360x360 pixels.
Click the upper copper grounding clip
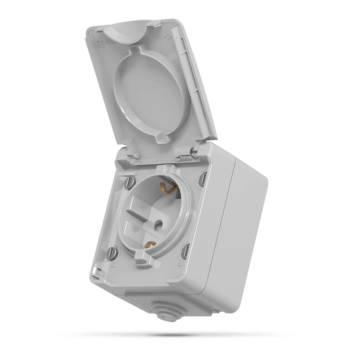(x=166, y=187)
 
